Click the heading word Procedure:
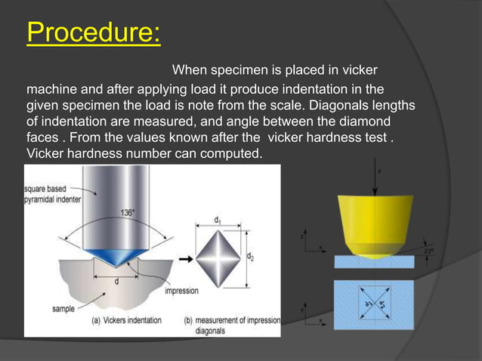point(94,33)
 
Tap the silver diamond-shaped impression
point(217,258)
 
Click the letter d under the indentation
point(116,281)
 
